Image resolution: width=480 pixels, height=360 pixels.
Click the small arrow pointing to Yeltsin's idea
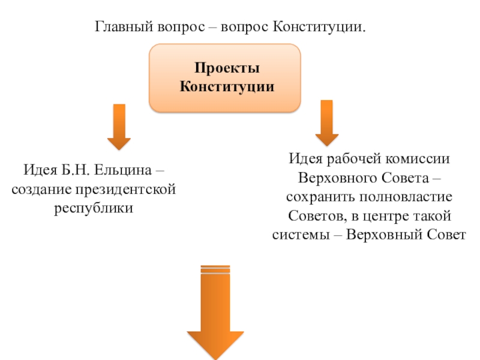[x=119, y=127]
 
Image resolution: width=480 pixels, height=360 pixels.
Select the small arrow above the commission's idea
[x=327, y=123]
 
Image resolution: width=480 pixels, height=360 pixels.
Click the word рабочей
[x=350, y=160]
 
